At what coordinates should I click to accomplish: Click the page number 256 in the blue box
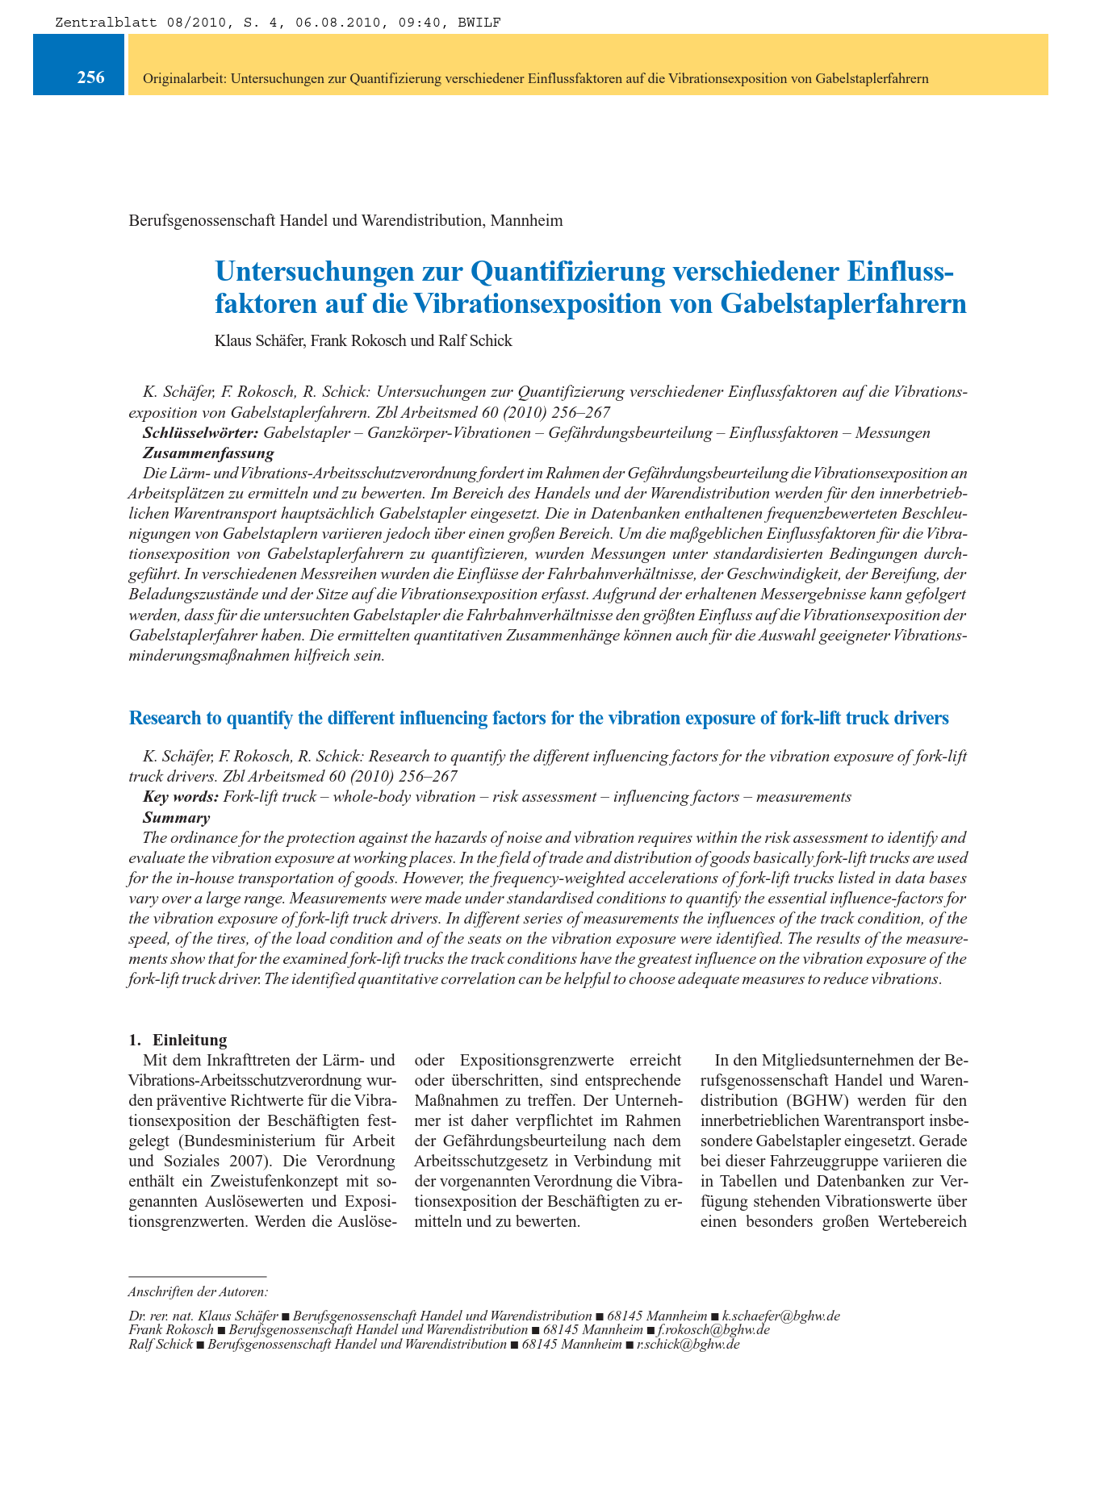tap(90, 78)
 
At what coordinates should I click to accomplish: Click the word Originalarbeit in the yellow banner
tap(183, 79)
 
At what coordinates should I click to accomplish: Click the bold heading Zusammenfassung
tap(208, 453)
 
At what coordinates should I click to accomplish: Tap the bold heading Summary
tap(176, 817)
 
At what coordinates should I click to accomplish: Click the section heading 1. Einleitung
tap(178, 1039)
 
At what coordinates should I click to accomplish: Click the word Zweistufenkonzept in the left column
tap(233, 1182)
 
